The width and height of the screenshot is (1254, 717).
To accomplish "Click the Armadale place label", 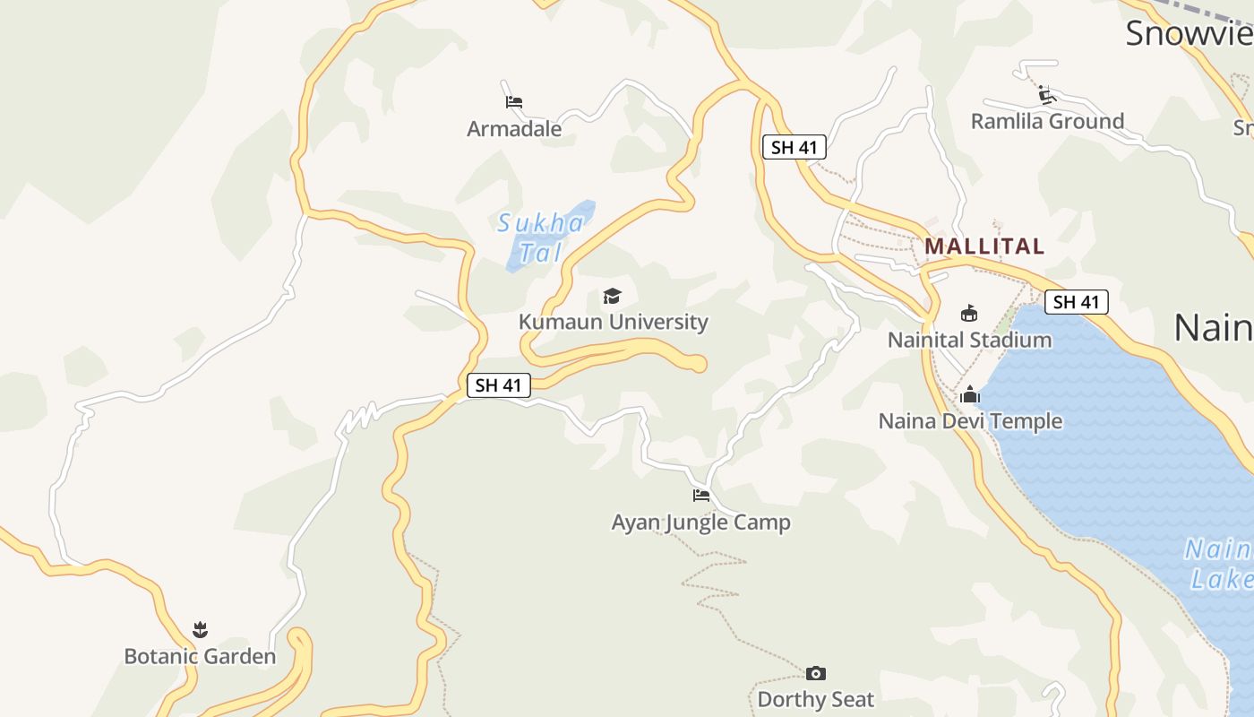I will click(x=514, y=129).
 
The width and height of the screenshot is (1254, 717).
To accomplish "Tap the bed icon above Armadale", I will click(x=514, y=102).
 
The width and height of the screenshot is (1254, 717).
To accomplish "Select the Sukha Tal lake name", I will click(x=540, y=238).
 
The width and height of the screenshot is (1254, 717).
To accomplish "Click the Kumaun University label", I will click(x=614, y=322).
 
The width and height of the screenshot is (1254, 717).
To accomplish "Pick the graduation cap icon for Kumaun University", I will click(x=613, y=296).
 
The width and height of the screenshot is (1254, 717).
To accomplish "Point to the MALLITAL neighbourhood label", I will click(x=984, y=246).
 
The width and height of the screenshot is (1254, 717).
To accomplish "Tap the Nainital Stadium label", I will click(x=969, y=340).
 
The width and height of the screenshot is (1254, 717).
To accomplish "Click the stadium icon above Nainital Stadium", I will click(x=969, y=314).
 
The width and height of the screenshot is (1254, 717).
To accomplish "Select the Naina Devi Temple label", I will click(x=970, y=420).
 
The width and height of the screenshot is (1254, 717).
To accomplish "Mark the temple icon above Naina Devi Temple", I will click(x=970, y=394).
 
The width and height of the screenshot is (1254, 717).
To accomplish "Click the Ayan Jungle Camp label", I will click(x=701, y=522).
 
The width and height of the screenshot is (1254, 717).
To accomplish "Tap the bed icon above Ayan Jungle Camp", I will click(x=701, y=495).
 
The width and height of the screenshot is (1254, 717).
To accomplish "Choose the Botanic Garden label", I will click(x=200, y=656).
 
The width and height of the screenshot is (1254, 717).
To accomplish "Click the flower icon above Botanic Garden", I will click(x=200, y=630).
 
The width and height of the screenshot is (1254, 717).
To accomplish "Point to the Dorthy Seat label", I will click(x=816, y=699).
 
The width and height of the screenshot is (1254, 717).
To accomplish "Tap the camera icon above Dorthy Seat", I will click(x=816, y=673).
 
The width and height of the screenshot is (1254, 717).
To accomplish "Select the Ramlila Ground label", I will click(x=1047, y=121).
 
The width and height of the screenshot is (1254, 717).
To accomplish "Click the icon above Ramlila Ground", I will click(x=1046, y=94).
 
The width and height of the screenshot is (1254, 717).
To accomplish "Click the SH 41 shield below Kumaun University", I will click(x=499, y=385).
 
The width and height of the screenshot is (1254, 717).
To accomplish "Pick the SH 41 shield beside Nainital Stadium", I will click(x=1076, y=302).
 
